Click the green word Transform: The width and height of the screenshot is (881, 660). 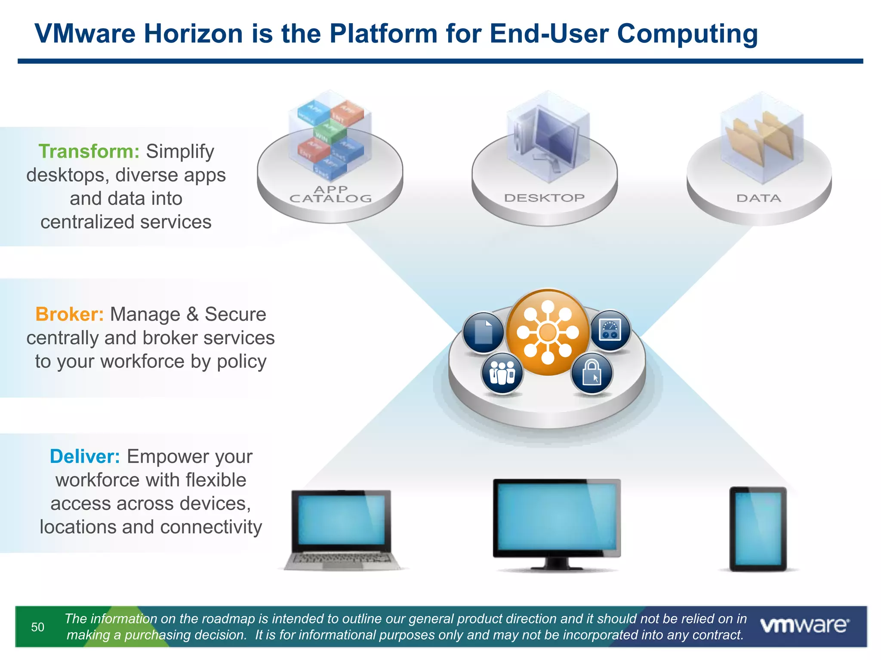coord(89,152)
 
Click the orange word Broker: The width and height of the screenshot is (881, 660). coord(69,315)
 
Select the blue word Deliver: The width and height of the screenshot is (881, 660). coord(85,457)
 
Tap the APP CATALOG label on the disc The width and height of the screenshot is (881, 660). coord(330,194)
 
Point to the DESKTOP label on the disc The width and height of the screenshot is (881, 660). coord(544,198)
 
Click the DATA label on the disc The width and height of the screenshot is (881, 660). coord(758,199)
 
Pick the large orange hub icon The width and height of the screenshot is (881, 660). coord(548,332)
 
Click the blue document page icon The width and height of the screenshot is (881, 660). coord(484,332)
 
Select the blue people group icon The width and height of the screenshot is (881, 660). coord(502,372)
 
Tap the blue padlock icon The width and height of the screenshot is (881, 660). coord(591,373)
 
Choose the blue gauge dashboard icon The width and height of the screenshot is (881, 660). coord(610,330)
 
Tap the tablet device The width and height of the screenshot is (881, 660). coord(758,529)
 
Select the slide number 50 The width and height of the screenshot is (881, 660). coord(38,627)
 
